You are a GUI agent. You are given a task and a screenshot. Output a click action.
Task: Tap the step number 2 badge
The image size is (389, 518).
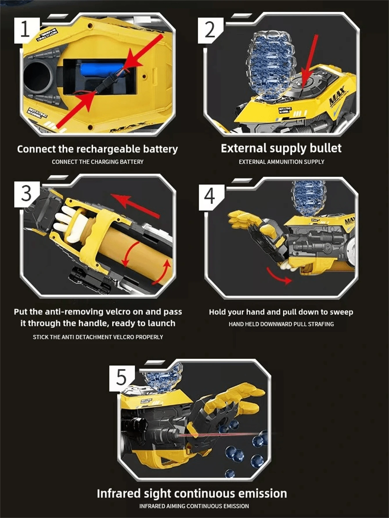point(210,30)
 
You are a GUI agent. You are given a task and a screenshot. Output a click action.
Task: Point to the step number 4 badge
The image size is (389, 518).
point(210,196)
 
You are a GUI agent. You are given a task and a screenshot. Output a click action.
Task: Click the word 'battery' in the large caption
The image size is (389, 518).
point(160,149)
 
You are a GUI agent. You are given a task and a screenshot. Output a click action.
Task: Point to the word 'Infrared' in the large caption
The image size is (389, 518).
point(118,493)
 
